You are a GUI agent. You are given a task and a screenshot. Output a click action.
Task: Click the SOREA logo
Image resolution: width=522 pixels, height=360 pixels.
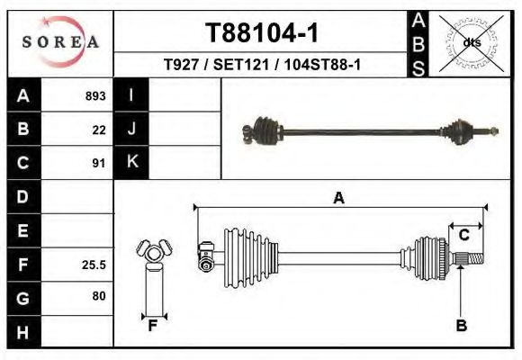pos(60,42)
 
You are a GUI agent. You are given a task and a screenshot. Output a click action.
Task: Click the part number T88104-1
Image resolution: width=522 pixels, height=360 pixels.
pos(262,32)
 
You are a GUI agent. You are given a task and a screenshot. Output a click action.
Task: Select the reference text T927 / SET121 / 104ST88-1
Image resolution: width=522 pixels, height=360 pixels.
pos(262,65)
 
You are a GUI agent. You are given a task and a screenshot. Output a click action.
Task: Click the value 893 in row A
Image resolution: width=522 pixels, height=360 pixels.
pos(95,96)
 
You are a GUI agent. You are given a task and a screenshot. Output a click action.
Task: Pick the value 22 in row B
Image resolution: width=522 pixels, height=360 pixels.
pos(99,130)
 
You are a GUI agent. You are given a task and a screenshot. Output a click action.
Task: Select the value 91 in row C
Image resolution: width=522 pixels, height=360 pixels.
pos(99,163)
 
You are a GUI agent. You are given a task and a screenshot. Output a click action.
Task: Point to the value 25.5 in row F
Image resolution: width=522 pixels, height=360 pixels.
pos(94,265)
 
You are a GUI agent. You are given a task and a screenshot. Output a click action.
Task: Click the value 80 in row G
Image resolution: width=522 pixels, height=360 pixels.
pos(99,296)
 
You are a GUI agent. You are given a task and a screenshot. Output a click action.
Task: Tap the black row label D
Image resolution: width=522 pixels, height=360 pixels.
pos(23,196)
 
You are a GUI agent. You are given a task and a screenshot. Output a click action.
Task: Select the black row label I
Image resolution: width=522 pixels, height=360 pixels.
pos(131,96)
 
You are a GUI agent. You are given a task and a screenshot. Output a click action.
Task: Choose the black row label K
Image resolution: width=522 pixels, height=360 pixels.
pos(131,163)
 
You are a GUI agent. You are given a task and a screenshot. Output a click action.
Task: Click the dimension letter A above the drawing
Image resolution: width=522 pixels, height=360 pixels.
pos(338,198)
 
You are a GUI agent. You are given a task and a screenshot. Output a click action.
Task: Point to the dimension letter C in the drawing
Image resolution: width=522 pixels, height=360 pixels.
pos(464,235)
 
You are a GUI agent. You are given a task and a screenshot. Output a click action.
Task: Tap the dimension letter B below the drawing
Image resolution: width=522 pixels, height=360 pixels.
pos(461,326)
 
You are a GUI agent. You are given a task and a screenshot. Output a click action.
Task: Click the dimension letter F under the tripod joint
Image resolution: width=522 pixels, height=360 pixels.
pos(153,326)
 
